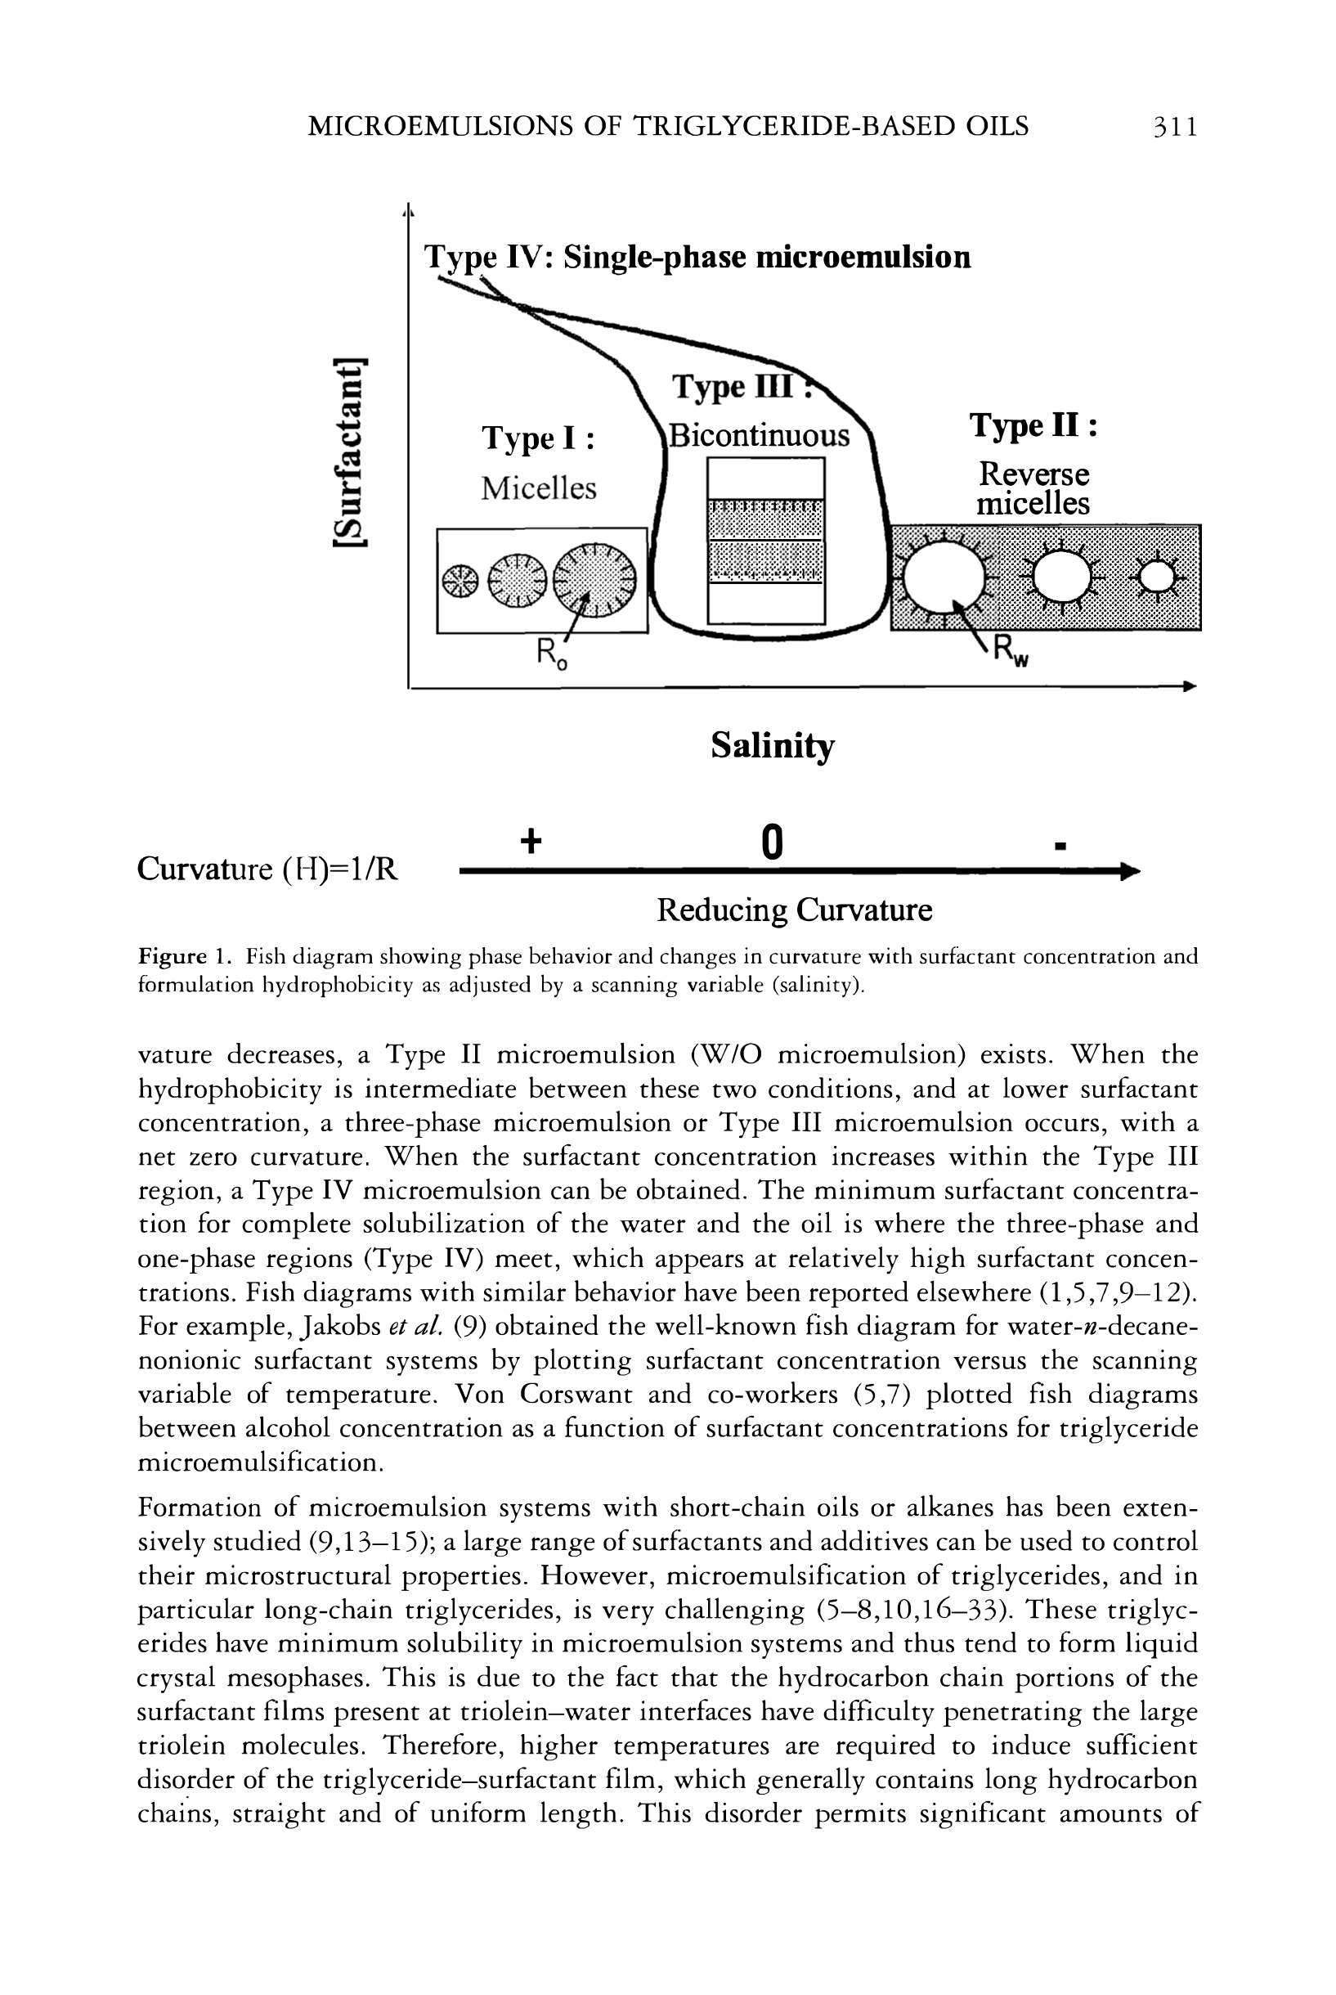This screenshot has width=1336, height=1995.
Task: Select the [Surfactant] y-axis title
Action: click(350, 454)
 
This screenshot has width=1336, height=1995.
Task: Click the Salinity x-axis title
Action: click(772, 746)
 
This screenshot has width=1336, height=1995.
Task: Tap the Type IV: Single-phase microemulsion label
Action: click(697, 257)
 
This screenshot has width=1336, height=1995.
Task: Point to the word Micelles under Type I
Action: click(539, 488)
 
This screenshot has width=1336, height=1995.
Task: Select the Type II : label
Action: click(1033, 425)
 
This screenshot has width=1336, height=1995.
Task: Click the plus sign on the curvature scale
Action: click(531, 842)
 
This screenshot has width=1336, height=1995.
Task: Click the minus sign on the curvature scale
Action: click(1060, 847)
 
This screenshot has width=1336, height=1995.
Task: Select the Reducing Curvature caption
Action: click(794, 910)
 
